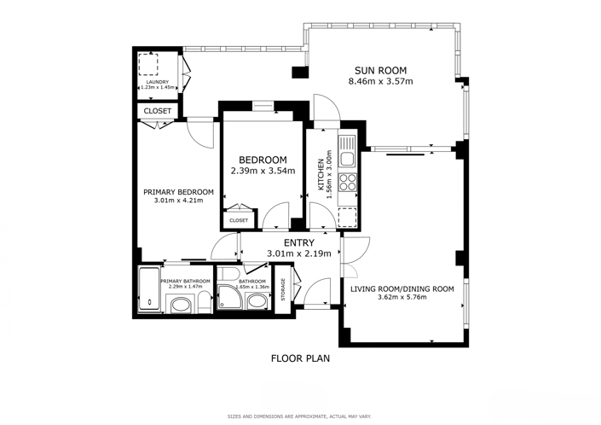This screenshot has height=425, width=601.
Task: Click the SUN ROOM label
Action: coord(380,70)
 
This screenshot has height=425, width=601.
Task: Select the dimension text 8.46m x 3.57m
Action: coord(380,82)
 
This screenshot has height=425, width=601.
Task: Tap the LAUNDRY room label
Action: coord(156,82)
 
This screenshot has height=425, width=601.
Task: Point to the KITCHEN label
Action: coord(321,176)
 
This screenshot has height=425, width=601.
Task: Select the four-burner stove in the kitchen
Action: coord(348,182)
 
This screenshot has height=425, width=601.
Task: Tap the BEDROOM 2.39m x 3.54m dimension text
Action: coord(263,171)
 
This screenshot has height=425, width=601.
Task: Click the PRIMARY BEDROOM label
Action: coord(178,192)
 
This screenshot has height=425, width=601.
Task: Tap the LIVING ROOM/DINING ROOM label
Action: coord(402,288)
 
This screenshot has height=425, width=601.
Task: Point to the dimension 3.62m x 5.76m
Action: coord(402,299)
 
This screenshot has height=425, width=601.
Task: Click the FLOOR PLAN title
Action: coord(300,358)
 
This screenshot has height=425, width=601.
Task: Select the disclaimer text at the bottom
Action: coord(300,416)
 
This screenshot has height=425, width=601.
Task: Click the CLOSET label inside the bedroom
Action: coord(239,220)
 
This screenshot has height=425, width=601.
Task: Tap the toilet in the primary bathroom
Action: coord(179,302)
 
